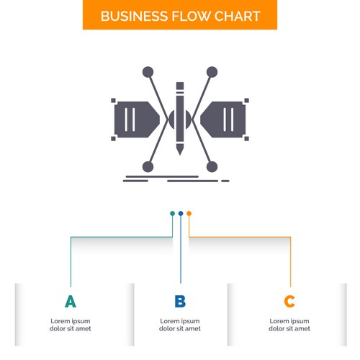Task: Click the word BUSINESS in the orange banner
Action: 134,17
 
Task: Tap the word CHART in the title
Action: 237,17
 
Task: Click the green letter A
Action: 71,302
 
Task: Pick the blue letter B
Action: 180,302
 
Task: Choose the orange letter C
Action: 289,302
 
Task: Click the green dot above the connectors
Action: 172,213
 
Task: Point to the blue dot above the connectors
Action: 181,213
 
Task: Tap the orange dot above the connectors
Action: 189,213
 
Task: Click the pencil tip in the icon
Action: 180,153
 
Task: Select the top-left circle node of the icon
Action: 148,72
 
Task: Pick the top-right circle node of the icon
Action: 212,72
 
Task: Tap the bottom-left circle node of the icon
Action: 148,167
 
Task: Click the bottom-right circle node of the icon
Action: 212,167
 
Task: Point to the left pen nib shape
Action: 137,120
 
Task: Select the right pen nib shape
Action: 223,120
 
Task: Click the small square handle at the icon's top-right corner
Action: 246,100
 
